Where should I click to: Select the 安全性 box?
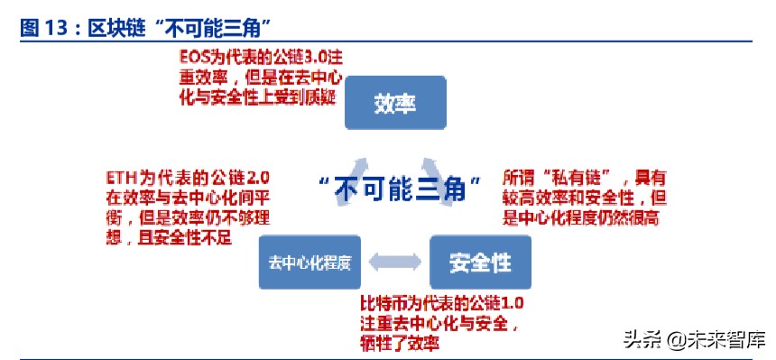pos(480,263)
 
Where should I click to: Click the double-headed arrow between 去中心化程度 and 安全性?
pos(393,263)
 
